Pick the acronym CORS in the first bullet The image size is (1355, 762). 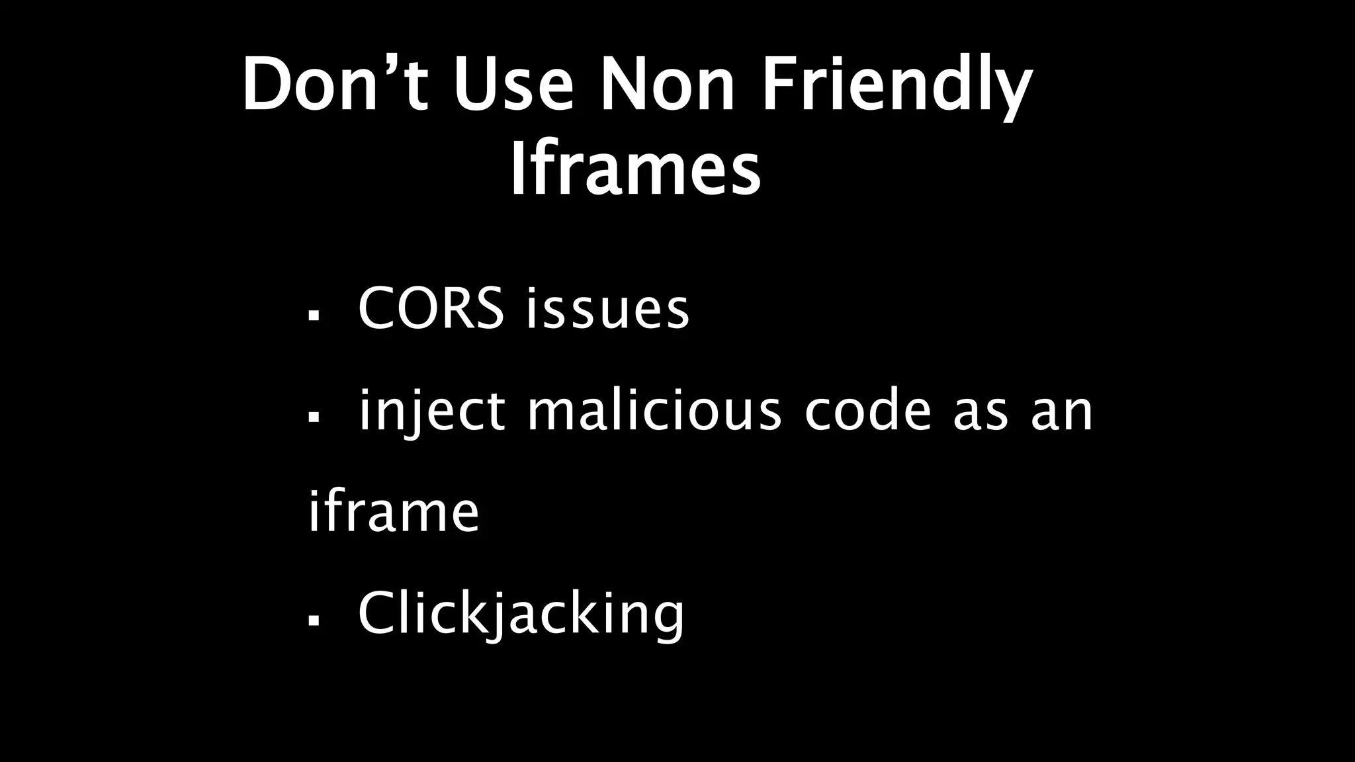tap(431, 308)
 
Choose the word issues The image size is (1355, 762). tap(607, 310)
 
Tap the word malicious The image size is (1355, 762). tap(654, 411)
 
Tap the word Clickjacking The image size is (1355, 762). tap(521, 615)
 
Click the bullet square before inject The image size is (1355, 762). tap(314, 417)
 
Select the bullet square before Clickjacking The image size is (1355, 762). tap(314, 621)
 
